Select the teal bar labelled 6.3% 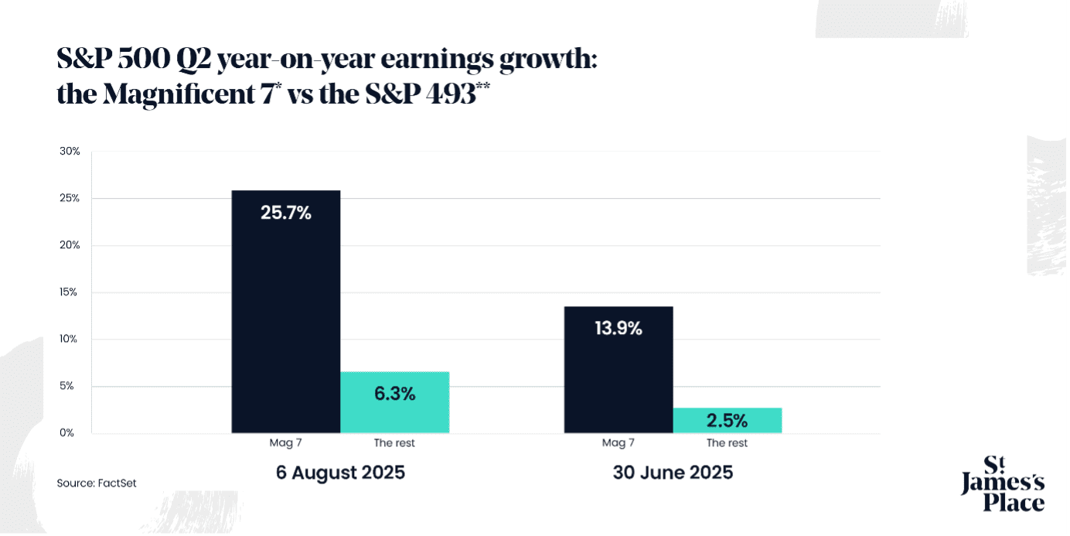coord(394,402)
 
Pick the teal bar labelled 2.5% coord(727,420)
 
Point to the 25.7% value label coord(285,213)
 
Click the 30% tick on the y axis coord(70,152)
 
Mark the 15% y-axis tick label coord(70,292)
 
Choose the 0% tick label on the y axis coord(67,432)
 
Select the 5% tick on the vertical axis coord(67,386)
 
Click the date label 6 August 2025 coord(340,473)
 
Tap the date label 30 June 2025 coord(673,473)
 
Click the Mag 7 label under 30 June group coord(618,443)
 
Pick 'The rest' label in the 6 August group coord(394,443)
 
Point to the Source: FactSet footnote coord(97,483)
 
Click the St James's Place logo coord(1002,484)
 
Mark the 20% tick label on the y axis coord(70,245)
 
